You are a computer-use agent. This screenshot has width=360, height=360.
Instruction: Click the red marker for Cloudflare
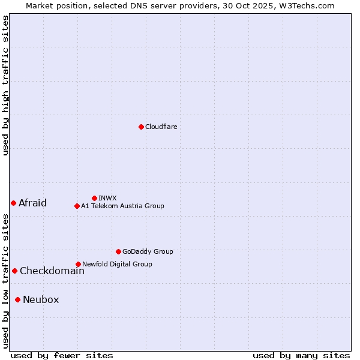coord(141,127)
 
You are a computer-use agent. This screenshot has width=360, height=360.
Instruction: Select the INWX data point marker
coord(94,198)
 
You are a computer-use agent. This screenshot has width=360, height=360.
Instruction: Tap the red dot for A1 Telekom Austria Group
coord(77,206)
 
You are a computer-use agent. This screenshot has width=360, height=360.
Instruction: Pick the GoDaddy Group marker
coord(118,251)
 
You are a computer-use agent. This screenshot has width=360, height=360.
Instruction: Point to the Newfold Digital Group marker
coord(78,264)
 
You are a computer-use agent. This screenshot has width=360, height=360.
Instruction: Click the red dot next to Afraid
coord(13,203)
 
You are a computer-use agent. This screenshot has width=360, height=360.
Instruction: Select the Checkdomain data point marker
coord(14,271)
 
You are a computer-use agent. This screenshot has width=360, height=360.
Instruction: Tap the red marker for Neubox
coord(18,299)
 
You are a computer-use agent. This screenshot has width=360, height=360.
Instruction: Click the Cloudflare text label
coord(161,127)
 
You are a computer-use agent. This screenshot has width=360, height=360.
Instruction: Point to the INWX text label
coord(107,198)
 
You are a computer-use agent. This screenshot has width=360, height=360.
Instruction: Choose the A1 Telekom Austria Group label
coord(122,206)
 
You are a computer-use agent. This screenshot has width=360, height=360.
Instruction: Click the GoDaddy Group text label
coord(148,251)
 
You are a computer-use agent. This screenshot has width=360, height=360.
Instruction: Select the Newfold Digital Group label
coord(117,264)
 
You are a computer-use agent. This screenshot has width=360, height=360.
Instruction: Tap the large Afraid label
coord(32,203)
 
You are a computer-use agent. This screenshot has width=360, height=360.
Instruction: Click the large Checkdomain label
coord(52,271)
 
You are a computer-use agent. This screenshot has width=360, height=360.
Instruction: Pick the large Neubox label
coord(41,299)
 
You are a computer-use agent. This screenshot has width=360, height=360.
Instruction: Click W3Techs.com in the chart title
coord(305,5)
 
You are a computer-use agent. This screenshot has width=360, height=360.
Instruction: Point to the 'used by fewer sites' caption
coord(62,355)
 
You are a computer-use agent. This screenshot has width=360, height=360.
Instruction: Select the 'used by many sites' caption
coord(301,355)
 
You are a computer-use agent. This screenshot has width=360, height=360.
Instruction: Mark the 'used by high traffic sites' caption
coord(5,85)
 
